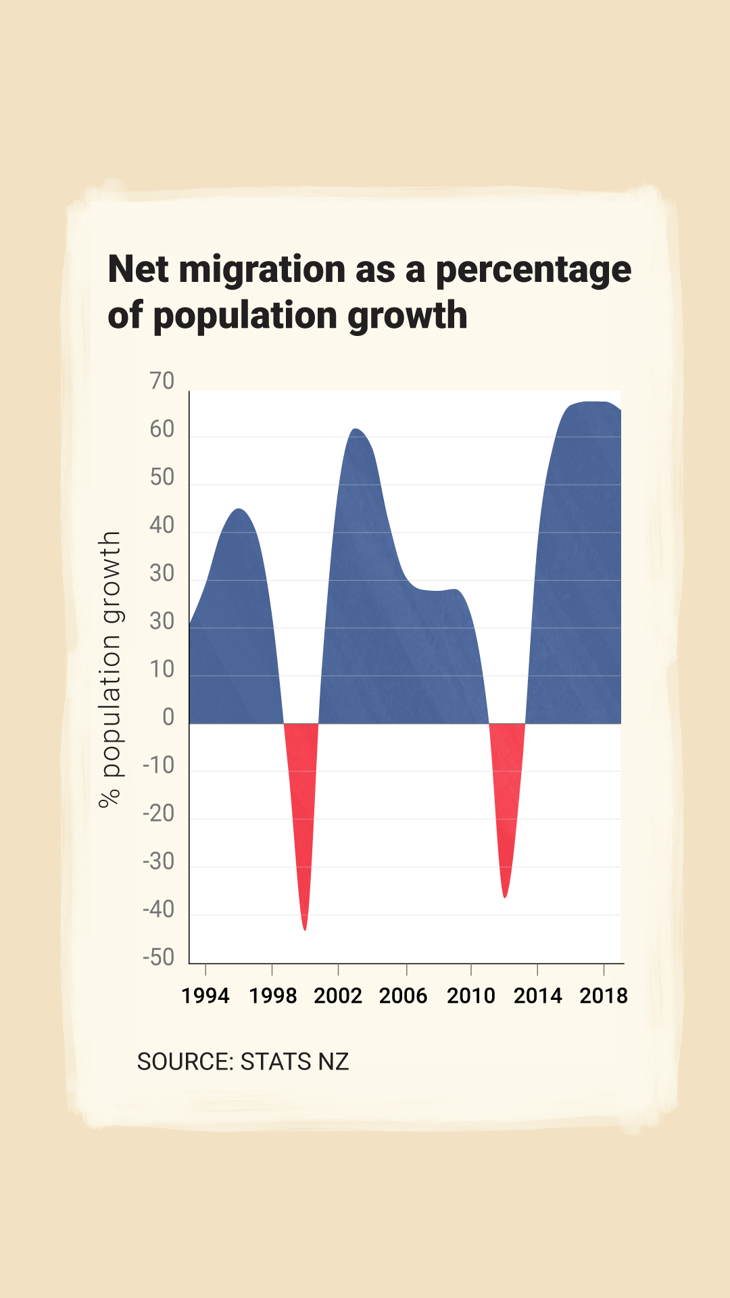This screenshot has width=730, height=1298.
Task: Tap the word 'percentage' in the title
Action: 533,270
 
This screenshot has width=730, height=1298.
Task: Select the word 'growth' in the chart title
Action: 408,316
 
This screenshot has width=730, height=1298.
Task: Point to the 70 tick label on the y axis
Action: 162,381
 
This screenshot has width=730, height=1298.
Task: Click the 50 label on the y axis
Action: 162,477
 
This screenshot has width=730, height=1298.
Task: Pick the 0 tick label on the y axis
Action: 168,717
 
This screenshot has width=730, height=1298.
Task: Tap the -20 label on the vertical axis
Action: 159,813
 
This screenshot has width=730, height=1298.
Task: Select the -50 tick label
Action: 159,957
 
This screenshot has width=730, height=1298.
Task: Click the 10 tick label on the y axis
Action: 162,669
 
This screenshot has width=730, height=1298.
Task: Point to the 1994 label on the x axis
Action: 205,996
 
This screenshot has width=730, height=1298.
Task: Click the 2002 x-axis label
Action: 338,996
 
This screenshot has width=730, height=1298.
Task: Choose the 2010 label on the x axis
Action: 471,996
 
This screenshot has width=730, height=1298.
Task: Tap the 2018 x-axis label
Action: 604,996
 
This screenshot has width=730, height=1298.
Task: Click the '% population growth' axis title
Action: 109,669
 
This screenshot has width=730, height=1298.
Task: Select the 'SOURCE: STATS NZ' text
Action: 243,1061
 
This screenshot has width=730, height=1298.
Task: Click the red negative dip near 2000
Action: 302,798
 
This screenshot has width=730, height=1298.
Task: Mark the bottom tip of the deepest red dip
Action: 305,929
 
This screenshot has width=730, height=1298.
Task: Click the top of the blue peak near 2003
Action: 356,431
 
